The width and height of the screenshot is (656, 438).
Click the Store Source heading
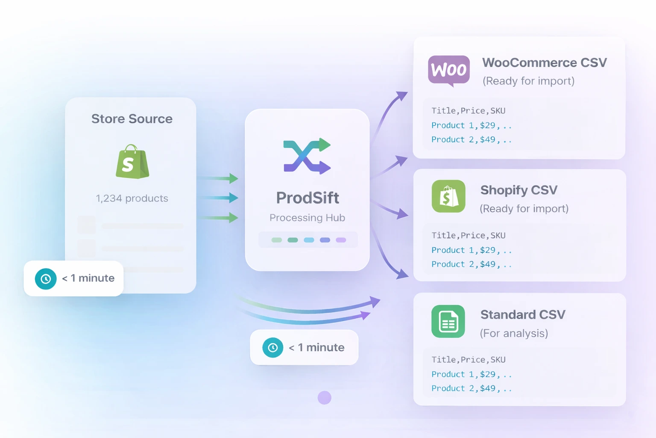(132, 119)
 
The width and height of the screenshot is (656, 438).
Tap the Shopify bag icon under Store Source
(132, 162)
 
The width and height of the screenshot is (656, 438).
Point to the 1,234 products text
(132, 198)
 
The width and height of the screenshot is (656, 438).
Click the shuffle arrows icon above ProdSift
(307, 156)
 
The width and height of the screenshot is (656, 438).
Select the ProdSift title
(307, 198)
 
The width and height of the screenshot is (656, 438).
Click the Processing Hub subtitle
(307, 218)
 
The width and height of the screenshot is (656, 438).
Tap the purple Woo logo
(449, 70)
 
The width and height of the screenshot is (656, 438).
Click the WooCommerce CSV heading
(545, 63)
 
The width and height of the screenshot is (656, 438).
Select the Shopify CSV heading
(519, 190)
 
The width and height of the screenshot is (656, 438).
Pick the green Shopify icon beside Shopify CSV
(448, 196)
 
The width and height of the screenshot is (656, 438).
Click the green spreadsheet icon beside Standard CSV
(448, 321)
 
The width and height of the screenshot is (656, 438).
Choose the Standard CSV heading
(523, 315)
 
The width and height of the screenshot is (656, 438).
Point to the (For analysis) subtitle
(514, 333)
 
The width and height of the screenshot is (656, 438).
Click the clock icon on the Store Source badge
(46, 279)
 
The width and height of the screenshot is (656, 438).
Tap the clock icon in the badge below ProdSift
(273, 348)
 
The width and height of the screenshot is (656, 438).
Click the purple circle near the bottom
(325, 398)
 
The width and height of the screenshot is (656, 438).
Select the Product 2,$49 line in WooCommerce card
(471, 139)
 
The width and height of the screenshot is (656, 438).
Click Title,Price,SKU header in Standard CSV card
(469, 360)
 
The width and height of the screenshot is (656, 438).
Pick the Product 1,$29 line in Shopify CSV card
(471, 250)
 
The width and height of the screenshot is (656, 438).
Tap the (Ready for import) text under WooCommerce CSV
(528, 81)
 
